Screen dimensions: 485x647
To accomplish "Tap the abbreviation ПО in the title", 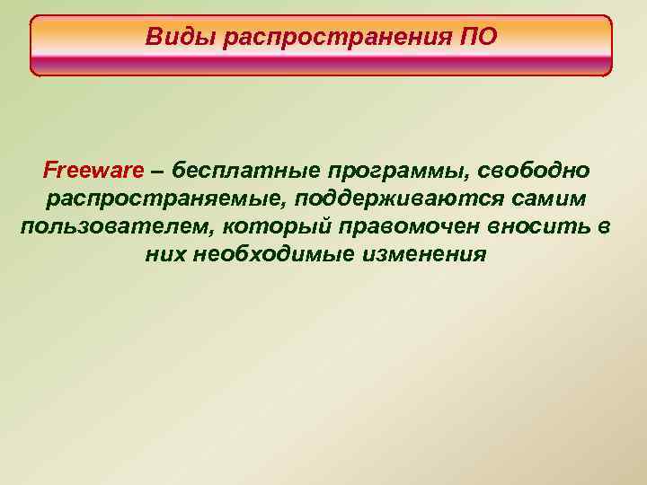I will pos(477,38).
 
